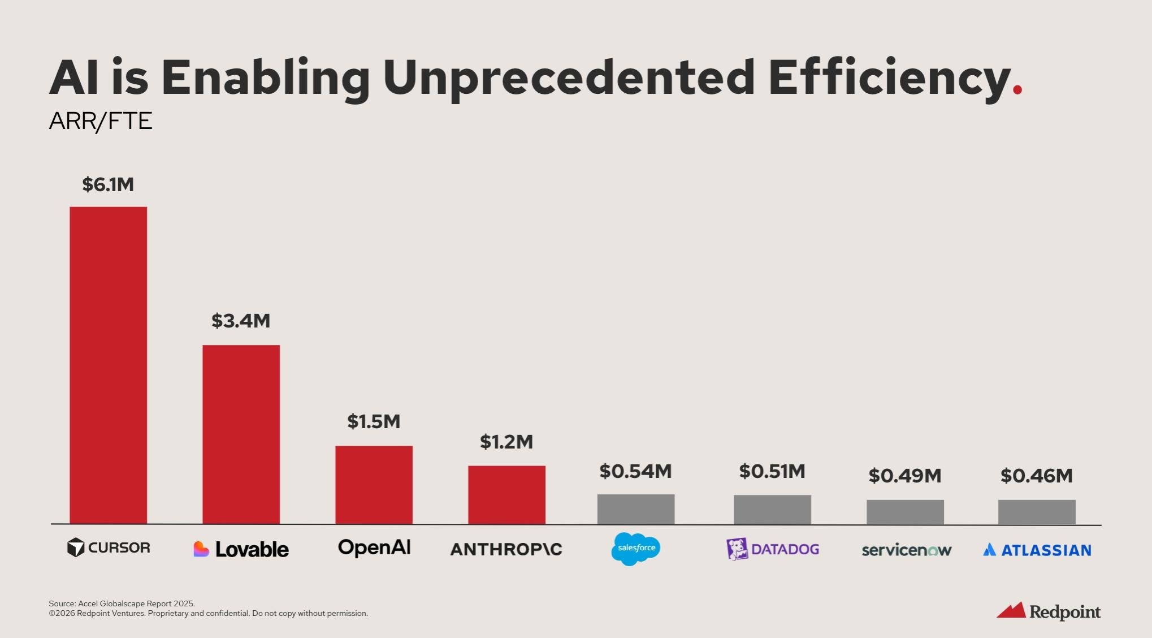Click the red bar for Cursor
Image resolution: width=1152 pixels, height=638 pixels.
[108, 365]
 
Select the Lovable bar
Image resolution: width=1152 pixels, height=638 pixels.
[241, 434]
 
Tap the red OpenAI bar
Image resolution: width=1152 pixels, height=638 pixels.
[374, 485]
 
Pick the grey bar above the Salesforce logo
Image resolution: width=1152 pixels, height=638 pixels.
[635, 509]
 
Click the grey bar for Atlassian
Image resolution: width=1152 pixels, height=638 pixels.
[1036, 512]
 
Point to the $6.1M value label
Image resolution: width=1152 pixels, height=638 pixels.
[108, 184]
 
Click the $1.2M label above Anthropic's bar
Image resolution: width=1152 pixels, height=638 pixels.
[506, 442]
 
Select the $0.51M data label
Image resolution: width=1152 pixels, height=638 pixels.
[772, 471]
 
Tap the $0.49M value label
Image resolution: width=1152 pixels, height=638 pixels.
[904, 476]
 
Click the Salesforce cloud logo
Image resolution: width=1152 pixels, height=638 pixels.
[635, 548]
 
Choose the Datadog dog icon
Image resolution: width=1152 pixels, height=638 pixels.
[737, 549]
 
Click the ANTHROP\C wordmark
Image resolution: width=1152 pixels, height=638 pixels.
[506, 549]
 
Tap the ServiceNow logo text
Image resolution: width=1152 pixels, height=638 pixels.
[906, 550]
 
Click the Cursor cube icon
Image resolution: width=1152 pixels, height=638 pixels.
[76, 548]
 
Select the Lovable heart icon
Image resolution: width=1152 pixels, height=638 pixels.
[201, 549]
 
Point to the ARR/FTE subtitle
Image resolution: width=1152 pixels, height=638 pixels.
[101, 121]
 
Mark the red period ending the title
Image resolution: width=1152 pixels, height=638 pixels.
[1017, 90]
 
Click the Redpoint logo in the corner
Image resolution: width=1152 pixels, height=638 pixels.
[1048, 611]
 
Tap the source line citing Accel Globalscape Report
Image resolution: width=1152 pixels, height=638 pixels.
[122, 603]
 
